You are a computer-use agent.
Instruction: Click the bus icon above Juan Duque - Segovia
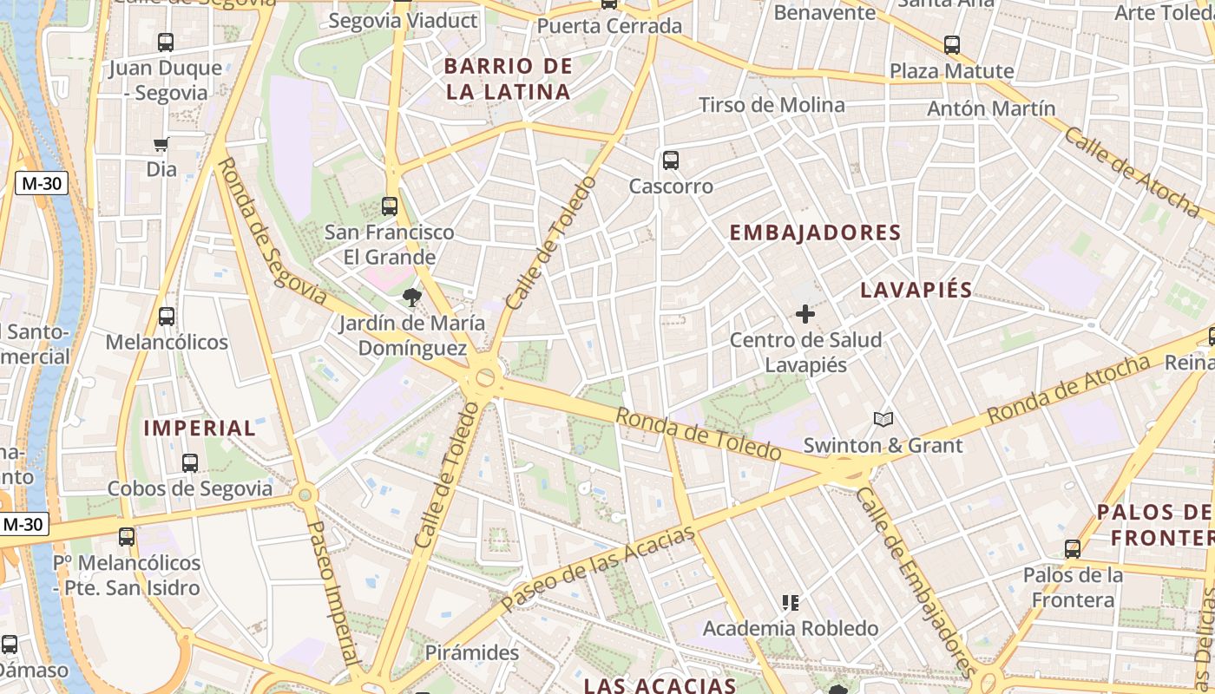tap(166, 42)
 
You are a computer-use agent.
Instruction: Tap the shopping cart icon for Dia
tap(161, 144)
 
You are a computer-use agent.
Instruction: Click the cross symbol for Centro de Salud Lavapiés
tap(805, 314)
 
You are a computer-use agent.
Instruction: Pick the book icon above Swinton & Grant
tap(883, 420)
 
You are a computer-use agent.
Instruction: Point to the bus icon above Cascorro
tap(671, 160)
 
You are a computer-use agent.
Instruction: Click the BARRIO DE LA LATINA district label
tap(509, 79)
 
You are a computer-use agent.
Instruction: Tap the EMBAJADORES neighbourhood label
tap(815, 232)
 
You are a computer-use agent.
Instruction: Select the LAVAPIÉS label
tap(916, 291)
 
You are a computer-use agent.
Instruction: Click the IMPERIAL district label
tap(200, 428)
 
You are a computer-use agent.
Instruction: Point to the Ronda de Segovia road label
tap(272, 231)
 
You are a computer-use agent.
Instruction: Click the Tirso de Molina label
tap(772, 105)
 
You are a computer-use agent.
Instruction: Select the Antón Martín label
tap(991, 108)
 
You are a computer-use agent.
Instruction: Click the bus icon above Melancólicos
tap(167, 317)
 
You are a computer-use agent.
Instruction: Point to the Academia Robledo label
tap(791, 628)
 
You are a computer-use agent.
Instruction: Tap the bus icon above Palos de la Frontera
tap(1073, 549)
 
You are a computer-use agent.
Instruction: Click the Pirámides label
tap(472, 652)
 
